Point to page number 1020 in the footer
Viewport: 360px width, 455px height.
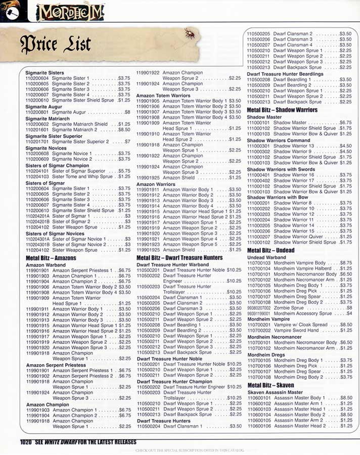tap(26, 441)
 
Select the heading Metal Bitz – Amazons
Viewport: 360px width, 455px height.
tap(51, 258)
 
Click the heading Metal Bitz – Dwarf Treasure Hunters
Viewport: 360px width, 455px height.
tap(179, 258)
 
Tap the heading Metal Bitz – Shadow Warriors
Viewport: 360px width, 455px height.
tap(282, 110)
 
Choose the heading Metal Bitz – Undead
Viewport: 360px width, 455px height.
tap(270, 251)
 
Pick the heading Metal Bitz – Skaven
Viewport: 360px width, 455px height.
tap(271, 385)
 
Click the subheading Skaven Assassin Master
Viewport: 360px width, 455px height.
tap(275, 392)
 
